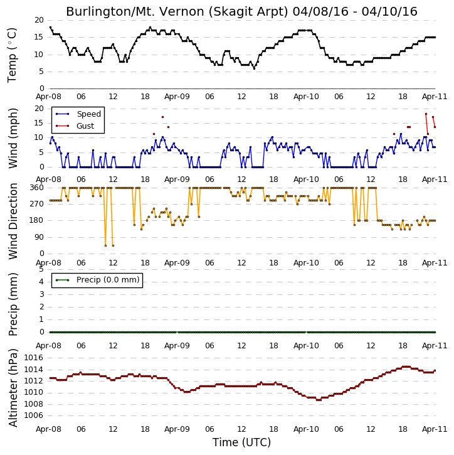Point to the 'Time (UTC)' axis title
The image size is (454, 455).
click(x=242, y=442)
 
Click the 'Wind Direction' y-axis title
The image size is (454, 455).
click(x=13, y=221)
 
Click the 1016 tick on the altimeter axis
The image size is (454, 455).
click(x=34, y=358)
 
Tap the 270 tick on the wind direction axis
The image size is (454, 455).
click(x=36, y=204)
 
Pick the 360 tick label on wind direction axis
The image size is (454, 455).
click(x=36, y=188)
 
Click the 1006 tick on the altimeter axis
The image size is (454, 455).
click(x=34, y=415)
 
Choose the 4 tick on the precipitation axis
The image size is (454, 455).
click(x=41, y=282)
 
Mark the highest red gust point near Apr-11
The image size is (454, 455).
click(x=426, y=114)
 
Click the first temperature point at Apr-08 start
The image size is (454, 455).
click(x=50, y=27)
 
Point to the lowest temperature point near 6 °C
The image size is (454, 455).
click(x=254, y=68)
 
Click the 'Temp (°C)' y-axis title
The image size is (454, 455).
click(x=12, y=55)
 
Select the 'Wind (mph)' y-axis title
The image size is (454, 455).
click(x=13, y=138)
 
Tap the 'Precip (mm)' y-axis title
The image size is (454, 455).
click(x=13, y=304)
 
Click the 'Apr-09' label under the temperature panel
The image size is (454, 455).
click(x=177, y=97)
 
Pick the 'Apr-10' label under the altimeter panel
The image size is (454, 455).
click(x=306, y=429)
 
